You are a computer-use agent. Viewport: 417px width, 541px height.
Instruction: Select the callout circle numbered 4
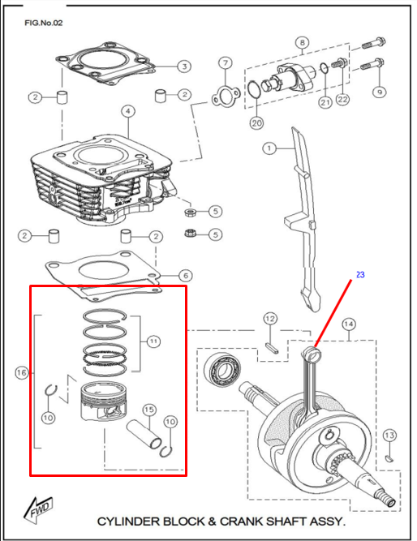tap(127, 110)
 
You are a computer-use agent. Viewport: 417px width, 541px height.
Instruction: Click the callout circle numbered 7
tap(225, 63)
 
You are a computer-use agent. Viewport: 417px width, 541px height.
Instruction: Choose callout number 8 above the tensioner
tap(302, 42)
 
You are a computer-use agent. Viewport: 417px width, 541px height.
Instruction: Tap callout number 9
tap(378, 92)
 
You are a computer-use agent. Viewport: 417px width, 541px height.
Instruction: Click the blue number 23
tap(360, 275)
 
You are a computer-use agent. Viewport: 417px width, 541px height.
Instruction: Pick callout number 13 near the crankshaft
tap(389, 436)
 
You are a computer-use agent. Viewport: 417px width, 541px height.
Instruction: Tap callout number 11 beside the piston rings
tap(153, 342)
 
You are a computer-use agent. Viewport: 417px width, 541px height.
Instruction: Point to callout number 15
tap(148, 410)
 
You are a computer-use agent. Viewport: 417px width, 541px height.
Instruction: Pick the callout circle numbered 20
tap(257, 123)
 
